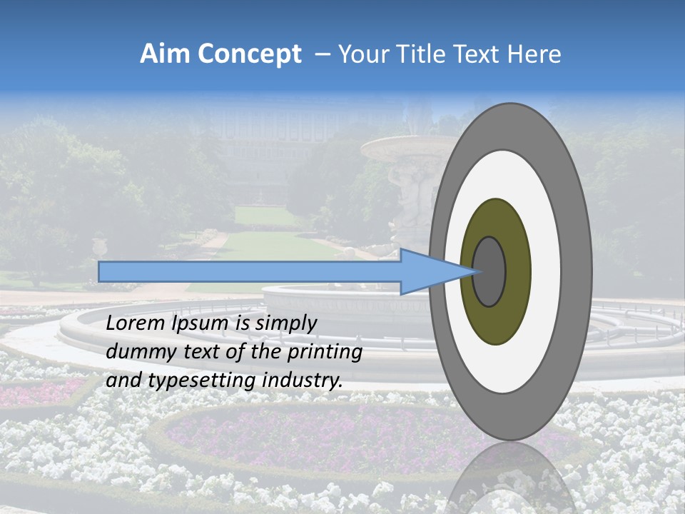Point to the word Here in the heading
coord(534,54)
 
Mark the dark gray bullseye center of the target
coord(489,271)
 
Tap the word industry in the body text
coord(300,381)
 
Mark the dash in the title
coord(322,55)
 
